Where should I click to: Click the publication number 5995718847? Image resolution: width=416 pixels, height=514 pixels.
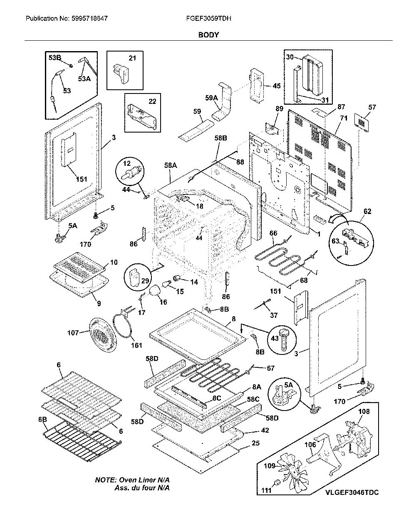tap(89, 19)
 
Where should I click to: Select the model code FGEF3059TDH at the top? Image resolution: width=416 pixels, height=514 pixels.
tap(208, 19)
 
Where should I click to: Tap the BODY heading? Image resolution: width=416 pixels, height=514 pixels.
tap(208, 35)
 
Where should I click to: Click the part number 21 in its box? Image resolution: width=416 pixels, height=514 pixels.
tap(132, 58)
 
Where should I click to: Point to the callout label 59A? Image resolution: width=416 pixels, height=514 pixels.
tap(211, 98)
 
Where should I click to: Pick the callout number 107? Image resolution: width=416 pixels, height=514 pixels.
tap(73, 333)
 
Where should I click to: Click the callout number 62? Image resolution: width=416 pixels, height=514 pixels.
tap(367, 212)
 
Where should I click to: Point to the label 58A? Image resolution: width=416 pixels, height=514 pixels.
tap(171, 165)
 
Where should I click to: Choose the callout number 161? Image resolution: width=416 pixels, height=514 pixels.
tap(136, 345)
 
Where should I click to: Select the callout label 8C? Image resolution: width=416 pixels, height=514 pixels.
tap(217, 398)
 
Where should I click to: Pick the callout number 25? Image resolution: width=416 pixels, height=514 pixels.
tap(255, 443)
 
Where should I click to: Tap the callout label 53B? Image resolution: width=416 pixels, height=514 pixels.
tap(55, 58)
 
